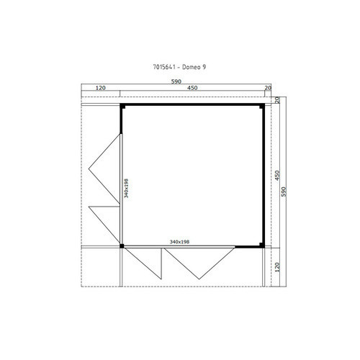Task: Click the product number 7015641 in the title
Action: click(x=164, y=67)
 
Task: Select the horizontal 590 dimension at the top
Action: click(x=176, y=81)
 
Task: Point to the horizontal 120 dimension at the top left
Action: click(x=101, y=88)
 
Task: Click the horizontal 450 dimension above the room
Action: click(x=192, y=88)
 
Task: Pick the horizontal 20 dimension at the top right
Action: click(x=268, y=88)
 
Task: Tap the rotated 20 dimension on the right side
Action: click(x=277, y=100)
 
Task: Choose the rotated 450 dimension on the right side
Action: click(x=277, y=176)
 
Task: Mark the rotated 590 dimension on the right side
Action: click(x=284, y=192)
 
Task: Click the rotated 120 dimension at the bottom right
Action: click(x=277, y=267)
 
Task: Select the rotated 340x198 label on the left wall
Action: click(x=126, y=188)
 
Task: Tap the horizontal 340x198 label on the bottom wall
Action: click(x=179, y=242)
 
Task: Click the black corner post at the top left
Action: click(x=122, y=106)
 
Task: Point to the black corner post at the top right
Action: click(x=262, y=106)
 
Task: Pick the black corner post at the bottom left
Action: click(x=122, y=246)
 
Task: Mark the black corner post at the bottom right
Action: click(x=262, y=245)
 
